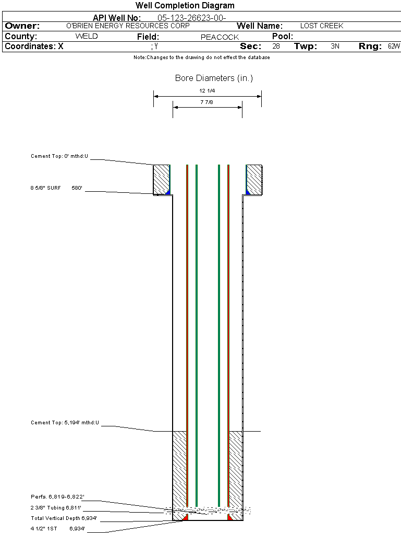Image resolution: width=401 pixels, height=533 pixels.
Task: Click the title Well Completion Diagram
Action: (x=185, y=6)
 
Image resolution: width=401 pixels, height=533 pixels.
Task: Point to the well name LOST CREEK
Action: (x=322, y=26)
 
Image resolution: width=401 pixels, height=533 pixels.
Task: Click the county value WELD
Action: (x=87, y=37)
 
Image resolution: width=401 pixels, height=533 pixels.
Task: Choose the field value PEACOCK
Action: (x=220, y=37)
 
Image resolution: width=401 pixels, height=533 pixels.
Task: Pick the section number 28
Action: (x=276, y=47)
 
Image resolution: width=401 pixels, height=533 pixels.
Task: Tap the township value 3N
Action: (x=335, y=47)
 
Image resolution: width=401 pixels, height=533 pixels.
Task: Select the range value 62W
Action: (x=394, y=47)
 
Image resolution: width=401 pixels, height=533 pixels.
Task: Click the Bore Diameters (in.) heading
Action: (x=214, y=78)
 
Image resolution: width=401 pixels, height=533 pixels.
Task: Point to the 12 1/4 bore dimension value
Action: (x=207, y=91)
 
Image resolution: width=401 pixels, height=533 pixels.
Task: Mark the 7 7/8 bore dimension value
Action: (x=207, y=102)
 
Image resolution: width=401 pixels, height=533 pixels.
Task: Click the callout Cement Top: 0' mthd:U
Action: (x=60, y=156)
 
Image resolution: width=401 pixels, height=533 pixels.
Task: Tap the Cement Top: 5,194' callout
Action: (x=65, y=422)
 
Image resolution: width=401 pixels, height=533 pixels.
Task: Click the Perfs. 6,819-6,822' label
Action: (x=57, y=497)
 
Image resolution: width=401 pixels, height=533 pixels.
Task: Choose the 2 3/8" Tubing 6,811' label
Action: (x=56, y=508)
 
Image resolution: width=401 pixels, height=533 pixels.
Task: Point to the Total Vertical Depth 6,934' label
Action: (x=64, y=518)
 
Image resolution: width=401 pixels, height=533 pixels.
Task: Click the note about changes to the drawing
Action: (x=201, y=57)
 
